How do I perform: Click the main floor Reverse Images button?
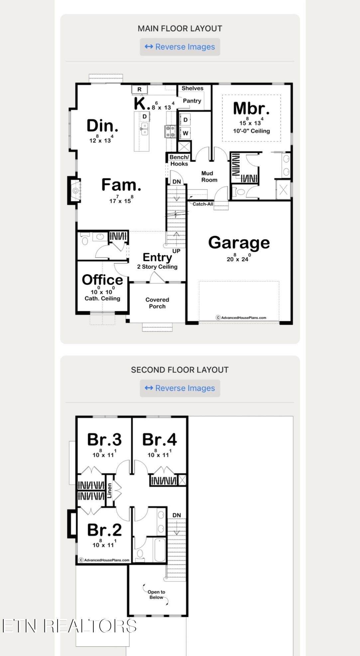180,47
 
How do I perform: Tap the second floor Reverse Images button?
180,388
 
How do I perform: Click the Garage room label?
239,243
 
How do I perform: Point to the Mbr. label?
251,108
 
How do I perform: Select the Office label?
102,280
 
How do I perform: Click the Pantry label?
192,101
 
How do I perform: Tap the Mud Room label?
209,176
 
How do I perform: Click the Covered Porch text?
157,303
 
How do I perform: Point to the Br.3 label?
104,439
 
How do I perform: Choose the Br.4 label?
160,439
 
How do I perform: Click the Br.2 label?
104,530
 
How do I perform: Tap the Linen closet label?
109,491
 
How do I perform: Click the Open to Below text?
156,594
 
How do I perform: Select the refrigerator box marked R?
140,89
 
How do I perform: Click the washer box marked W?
185,133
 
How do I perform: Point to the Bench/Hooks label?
179,160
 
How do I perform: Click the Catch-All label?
203,204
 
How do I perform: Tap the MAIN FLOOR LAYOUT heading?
180,29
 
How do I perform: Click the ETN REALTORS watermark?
69,626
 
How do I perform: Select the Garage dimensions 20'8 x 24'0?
239,258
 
